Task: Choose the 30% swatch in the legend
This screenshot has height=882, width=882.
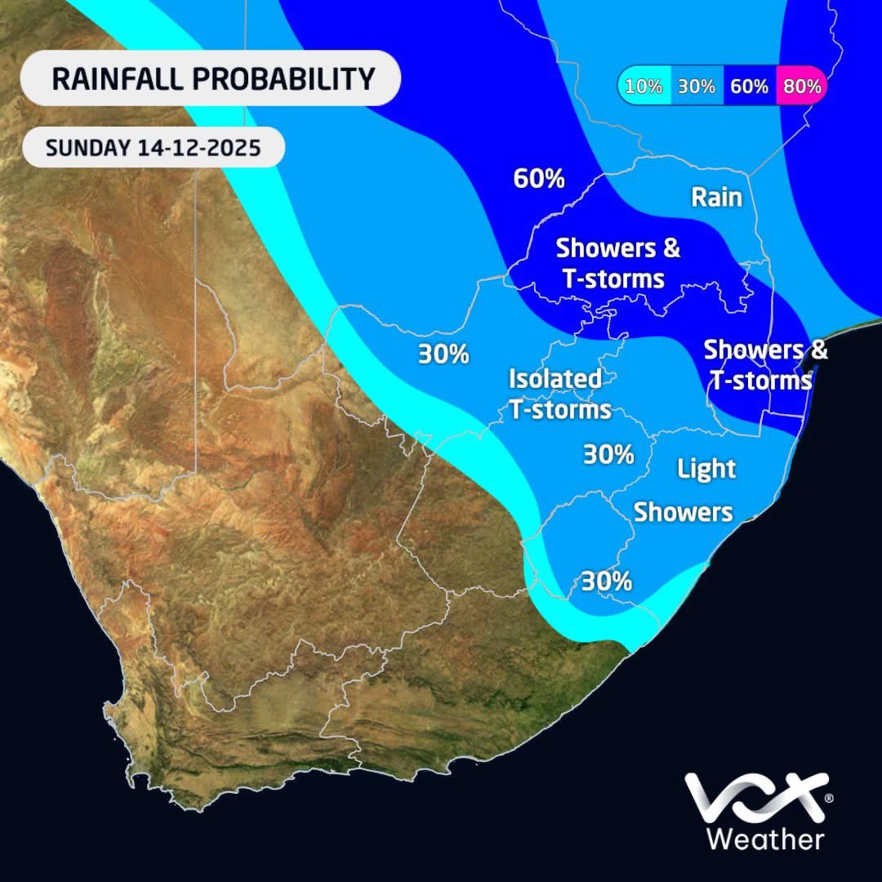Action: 697,86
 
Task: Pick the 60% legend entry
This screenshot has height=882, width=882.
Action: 749,86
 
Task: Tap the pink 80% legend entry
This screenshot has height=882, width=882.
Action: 800,86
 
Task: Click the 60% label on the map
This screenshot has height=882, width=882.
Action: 539,179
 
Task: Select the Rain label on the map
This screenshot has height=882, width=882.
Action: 716,197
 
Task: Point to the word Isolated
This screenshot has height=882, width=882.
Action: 555,379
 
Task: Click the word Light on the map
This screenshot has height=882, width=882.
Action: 707,469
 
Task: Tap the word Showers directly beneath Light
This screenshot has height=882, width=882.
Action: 683,512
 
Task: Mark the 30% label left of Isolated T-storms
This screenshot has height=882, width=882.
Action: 443,354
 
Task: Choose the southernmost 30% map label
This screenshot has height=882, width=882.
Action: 607,581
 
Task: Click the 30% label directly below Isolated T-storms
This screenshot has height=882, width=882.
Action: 608,454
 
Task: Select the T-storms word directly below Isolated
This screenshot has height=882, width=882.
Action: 560,409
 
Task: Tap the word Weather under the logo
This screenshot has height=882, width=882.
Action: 764,839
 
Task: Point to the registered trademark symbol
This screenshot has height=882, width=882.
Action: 829,796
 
